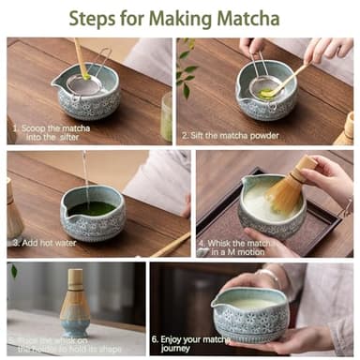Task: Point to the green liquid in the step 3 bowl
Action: tap(92, 207)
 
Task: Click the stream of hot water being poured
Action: tap(85, 178)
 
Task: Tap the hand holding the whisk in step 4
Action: tap(328, 178)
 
